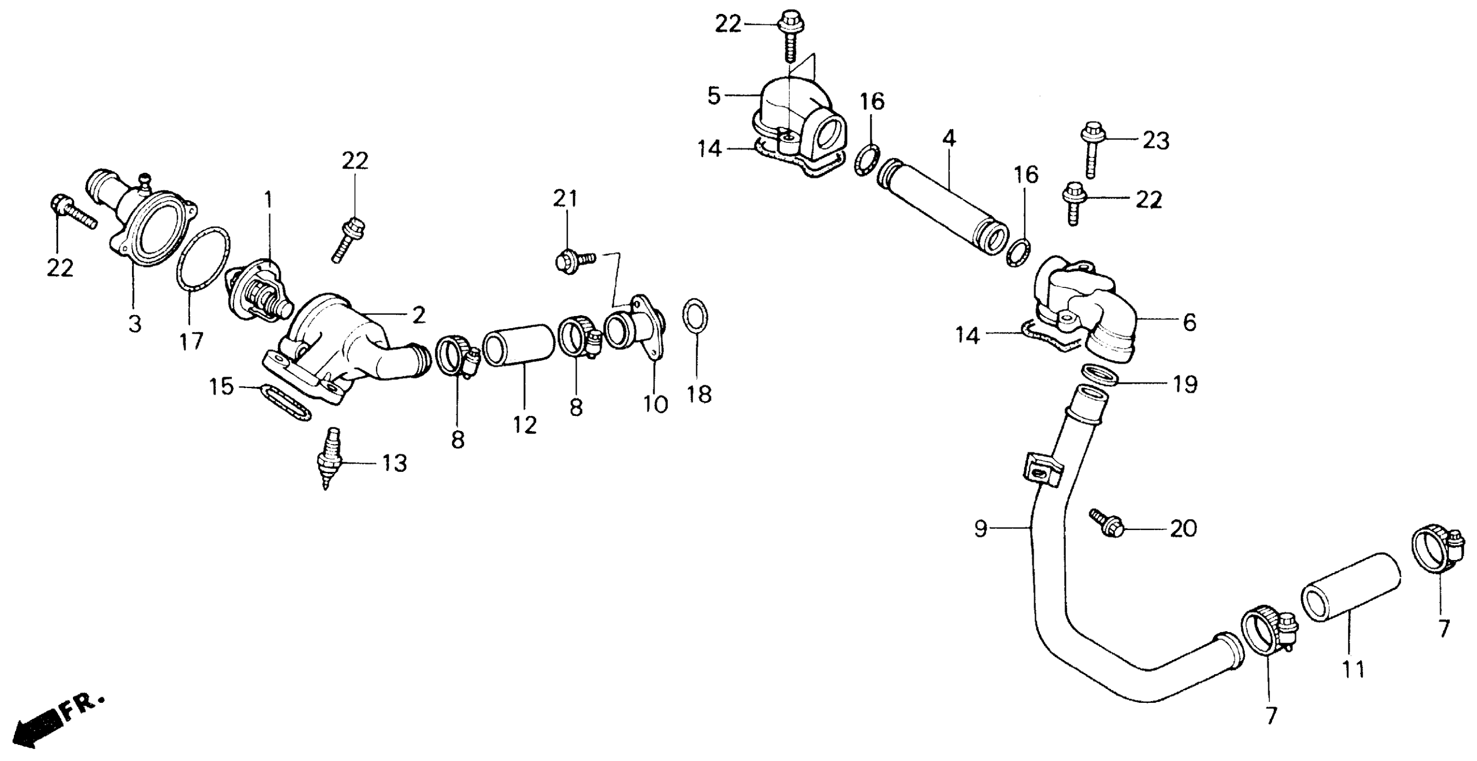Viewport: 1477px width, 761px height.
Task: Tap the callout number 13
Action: [x=395, y=463]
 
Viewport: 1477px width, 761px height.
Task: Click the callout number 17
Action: [x=191, y=342]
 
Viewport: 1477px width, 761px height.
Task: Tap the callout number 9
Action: [x=980, y=528]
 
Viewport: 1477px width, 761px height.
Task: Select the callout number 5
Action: [x=714, y=96]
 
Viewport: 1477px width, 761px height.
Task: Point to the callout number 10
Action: [x=655, y=404]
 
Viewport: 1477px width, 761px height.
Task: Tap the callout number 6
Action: [x=1190, y=323]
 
